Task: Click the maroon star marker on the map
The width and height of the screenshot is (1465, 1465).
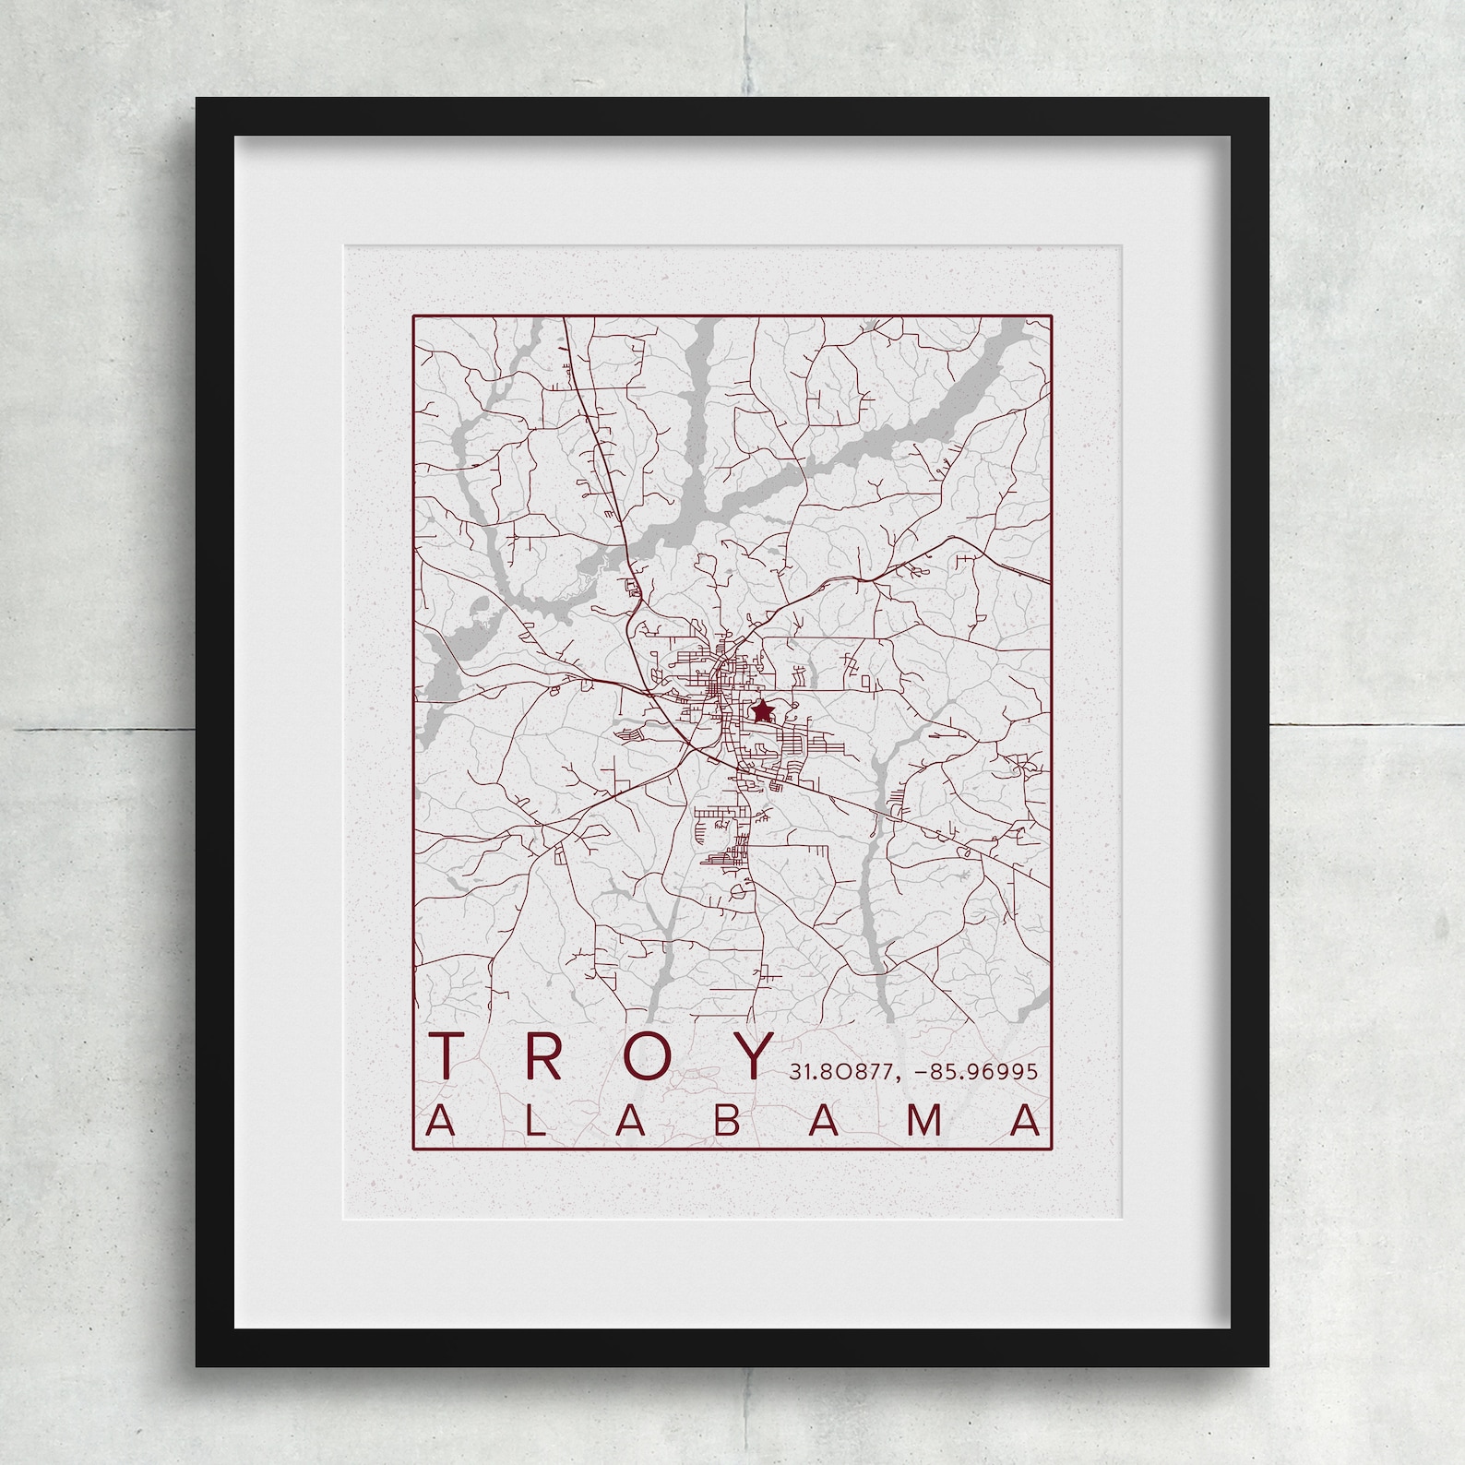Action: point(761,711)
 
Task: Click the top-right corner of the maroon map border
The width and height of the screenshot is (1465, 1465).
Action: point(1051,316)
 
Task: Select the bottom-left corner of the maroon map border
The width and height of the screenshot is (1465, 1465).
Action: point(413,1149)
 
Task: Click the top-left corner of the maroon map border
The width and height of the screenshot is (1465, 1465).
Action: point(413,316)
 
